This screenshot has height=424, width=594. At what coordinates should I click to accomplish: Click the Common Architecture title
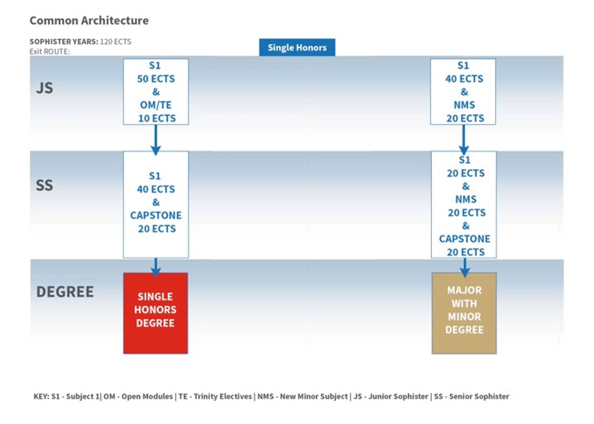pos(89,20)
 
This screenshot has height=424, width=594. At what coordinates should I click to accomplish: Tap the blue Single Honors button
pos(297,48)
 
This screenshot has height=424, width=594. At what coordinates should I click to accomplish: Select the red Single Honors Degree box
pos(156,313)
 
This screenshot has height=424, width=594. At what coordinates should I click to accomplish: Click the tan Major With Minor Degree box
pos(464,313)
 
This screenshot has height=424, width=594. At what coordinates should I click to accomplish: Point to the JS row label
pos(44,88)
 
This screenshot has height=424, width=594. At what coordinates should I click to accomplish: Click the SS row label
pos(44,185)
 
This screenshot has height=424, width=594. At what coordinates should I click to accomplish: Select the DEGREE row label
pos(65,292)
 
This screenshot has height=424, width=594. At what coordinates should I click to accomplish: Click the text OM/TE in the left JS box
pos(156,105)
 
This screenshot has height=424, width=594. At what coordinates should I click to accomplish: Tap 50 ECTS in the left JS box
pos(156,79)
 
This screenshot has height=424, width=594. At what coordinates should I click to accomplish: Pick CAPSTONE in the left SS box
pos(156,215)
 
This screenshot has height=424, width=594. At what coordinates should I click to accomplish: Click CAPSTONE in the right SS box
pos(465,239)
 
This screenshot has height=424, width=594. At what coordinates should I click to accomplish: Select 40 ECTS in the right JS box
pos(464,79)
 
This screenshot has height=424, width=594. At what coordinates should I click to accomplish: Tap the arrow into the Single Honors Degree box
pos(156,267)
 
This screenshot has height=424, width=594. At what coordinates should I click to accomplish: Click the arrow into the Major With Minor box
pos(465,267)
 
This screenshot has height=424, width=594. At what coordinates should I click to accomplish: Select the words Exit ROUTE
pos(50,51)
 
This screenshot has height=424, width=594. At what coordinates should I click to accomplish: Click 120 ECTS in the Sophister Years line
pos(115,42)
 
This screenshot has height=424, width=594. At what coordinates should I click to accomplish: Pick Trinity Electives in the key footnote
pos(223,397)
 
